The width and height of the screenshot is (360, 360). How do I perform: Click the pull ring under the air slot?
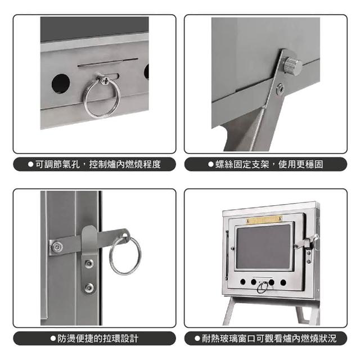tap(84, 101)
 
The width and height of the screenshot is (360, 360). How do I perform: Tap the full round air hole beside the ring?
tap(61, 84)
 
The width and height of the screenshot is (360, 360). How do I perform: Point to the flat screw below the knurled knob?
tap(280, 89)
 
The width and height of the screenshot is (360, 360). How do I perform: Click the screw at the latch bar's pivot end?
tap(57, 247)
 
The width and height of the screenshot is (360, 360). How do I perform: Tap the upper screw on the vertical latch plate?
tap(89, 264)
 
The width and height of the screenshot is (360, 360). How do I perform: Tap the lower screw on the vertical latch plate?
tap(89, 287)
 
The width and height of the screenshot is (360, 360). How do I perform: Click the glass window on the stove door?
tap(263, 246)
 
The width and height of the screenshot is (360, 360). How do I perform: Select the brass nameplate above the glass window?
tap(264, 219)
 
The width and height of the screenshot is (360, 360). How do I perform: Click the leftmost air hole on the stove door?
tap(242, 282)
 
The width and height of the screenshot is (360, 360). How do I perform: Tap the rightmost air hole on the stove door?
tap(283, 282)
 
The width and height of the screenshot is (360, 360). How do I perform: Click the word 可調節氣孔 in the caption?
tap(57, 164)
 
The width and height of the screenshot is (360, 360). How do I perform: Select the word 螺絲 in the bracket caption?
tap(224, 164)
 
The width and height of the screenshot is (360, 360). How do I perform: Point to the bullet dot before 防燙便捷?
tap(53, 339)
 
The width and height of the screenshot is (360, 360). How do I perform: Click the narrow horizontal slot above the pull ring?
tap(108, 62)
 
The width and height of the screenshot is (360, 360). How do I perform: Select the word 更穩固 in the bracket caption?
tap(310, 164)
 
